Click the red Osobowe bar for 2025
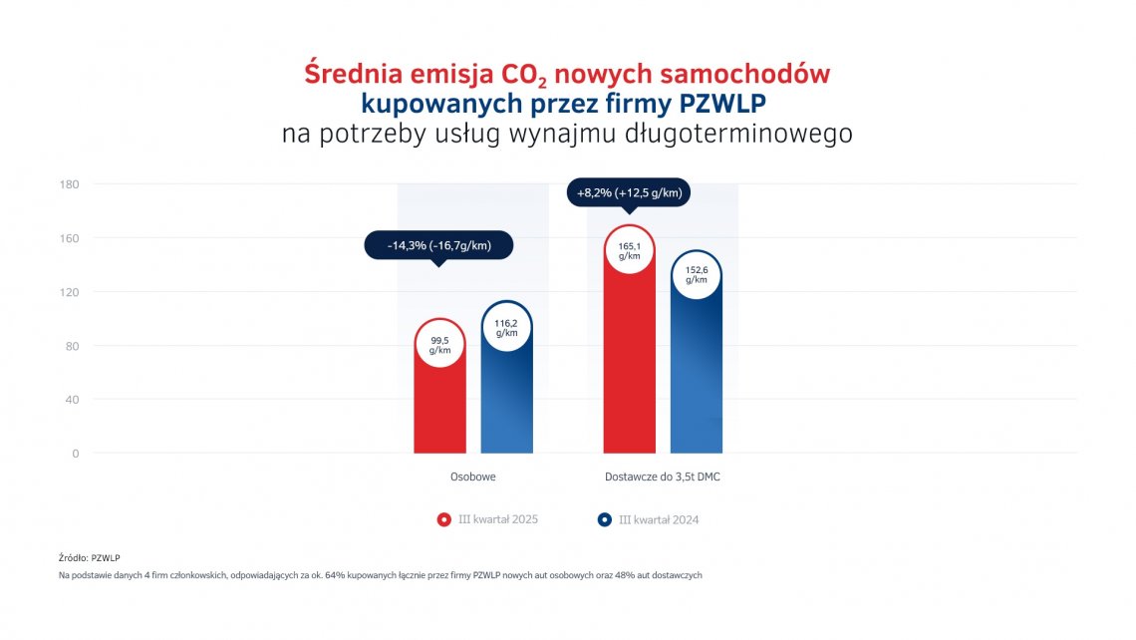click(439, 409)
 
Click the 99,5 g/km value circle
click(439, 344)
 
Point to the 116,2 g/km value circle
click(506, 327)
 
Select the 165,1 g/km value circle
click(630, 250)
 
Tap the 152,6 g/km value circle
click(697, 274)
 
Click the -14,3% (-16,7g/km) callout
click(438, 244)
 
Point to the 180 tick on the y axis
click(71, 184)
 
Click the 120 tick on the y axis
click(71, 292)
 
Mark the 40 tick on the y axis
click(71, 400)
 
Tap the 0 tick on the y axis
click(75, 454)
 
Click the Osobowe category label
click(472, 478)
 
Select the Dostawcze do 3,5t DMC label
click(663, 478)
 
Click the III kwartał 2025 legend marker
click(444, 519)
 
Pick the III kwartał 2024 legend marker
click(604, 519)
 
